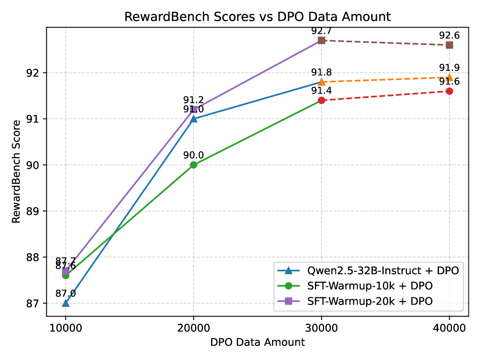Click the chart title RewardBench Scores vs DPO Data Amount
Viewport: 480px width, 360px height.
click(257, 17)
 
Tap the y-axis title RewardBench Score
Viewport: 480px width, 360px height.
click(17, 172)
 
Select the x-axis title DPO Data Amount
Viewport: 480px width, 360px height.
click(257, 343)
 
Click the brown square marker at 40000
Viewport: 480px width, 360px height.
click(449, 45)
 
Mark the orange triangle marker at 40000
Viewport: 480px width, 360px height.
click(449, 77)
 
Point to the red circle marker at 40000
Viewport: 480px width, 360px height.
click(449, 91)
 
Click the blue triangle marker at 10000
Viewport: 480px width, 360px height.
click(66, 303)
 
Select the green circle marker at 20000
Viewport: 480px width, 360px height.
click(193, 165)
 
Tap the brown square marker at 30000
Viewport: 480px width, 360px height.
click(321, 40)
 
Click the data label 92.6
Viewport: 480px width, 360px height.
click(449, 36)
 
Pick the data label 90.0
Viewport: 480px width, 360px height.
click(193, 155)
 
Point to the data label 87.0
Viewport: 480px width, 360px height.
click(66, 293)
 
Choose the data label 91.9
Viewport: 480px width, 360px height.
click(449, 68)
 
